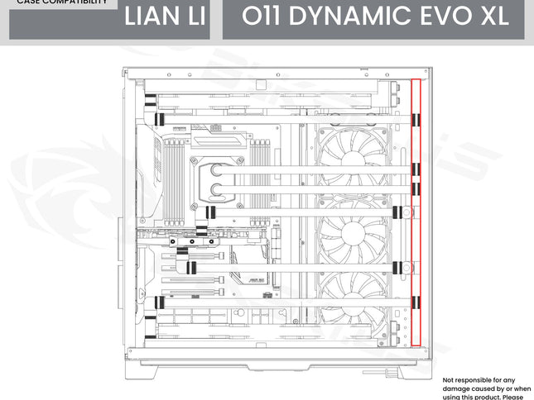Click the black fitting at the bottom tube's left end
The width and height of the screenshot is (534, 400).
point(149,335)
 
